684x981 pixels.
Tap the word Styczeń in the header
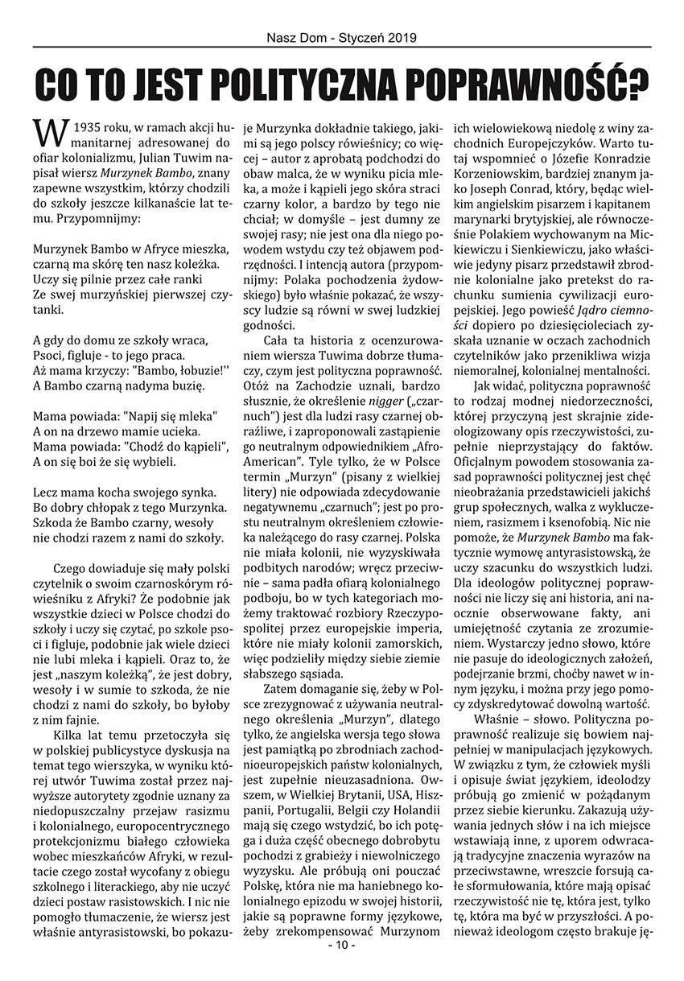(x=359, y=37)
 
